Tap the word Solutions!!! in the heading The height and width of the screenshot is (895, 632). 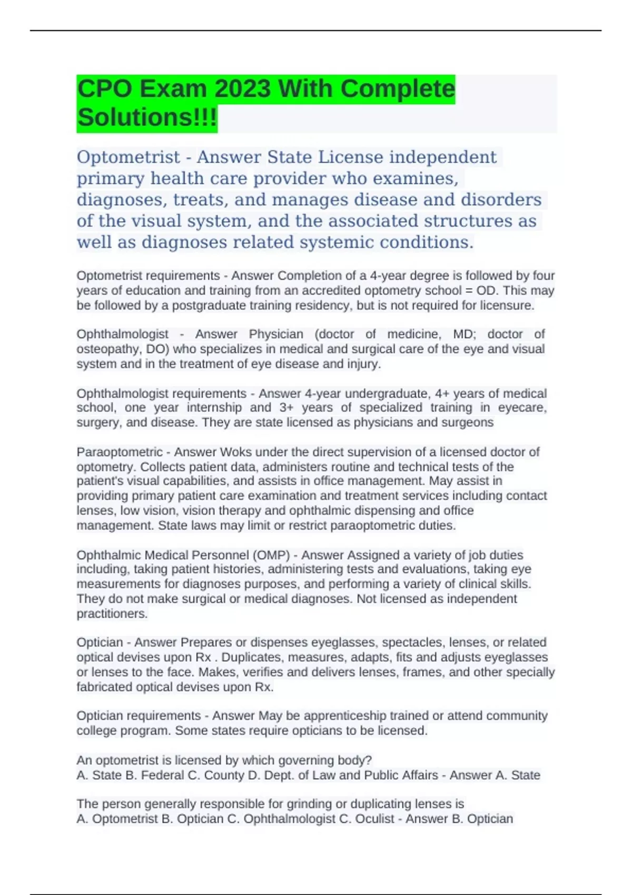coord(147,117)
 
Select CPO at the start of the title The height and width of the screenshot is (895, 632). coord(105,88)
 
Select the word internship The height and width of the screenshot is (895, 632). coord(215,407)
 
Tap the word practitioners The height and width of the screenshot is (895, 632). coord(111,614)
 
